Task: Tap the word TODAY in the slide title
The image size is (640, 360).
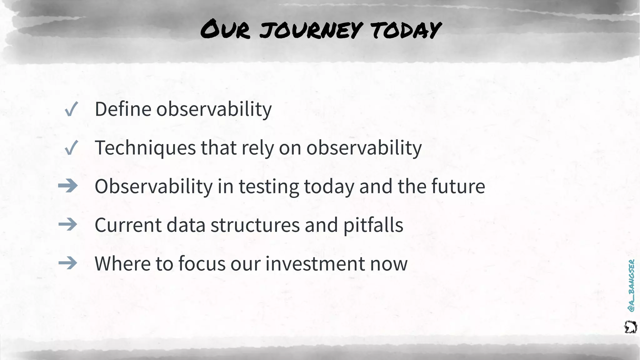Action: click(x=406, y=30)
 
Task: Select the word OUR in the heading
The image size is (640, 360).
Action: click(x=225, y=30)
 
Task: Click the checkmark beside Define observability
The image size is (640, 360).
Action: click(x=71, y=109)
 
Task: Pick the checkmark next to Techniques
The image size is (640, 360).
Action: click(x=71, y=148)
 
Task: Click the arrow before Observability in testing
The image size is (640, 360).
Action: click(x=68, y=186)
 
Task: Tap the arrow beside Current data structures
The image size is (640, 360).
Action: click(x=68, y=225)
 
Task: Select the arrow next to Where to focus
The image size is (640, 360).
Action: click(x=68, y=263)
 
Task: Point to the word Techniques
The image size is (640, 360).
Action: click(x=145, y=147)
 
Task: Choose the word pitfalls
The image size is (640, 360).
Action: click(x=373, y=225)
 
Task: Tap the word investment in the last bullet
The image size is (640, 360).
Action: click(x=315, y=263)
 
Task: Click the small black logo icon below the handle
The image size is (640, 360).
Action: click(x=630, y=327)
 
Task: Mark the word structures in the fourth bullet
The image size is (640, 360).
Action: click(x=255, y=225)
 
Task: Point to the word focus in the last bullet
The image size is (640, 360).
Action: click(x=202, y=263)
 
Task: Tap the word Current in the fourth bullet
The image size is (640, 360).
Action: click(x=128, y=225)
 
